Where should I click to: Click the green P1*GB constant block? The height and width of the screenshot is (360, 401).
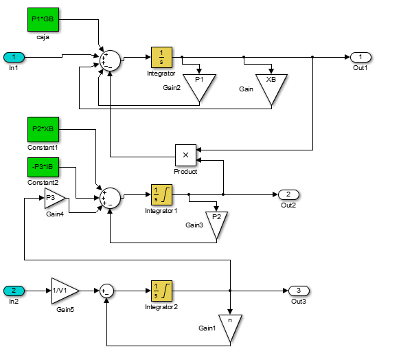coord(43,20)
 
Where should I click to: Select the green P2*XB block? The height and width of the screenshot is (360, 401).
coord(43,129)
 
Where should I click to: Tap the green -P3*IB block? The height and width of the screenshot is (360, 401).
coord(43,167)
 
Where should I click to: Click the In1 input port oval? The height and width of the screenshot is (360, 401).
coord(14,57)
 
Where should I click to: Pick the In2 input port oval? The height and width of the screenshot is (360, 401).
coord(14,291)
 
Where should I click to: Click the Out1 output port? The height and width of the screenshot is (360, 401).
coord(360,57)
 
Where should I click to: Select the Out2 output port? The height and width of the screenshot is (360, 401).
coord(288,194)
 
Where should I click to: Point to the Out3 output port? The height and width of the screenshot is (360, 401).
coord(299,291)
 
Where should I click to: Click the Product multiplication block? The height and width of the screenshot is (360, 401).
coord(185,155)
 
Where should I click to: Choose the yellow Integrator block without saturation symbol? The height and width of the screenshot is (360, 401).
coord(161,57)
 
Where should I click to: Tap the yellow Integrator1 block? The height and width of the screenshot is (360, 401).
coord(161,194)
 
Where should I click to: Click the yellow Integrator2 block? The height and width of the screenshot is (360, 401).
coord(161,291)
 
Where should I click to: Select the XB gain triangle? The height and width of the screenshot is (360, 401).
coord(271,87)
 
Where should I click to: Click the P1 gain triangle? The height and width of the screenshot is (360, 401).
coord(199,85)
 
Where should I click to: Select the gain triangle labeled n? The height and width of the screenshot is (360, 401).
coord(230,326)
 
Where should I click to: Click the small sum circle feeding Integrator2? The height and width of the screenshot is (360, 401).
coord(106,291)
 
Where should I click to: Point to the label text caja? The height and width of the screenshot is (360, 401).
coord(43,37)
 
